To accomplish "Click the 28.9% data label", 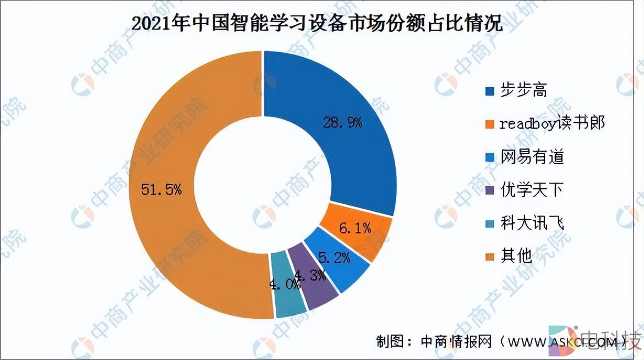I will (341, 122).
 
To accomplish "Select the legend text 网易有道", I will (532, 157).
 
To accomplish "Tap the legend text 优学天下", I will (532, 190).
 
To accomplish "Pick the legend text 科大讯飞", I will (532, 223).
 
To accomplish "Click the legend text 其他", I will (515, 255).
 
